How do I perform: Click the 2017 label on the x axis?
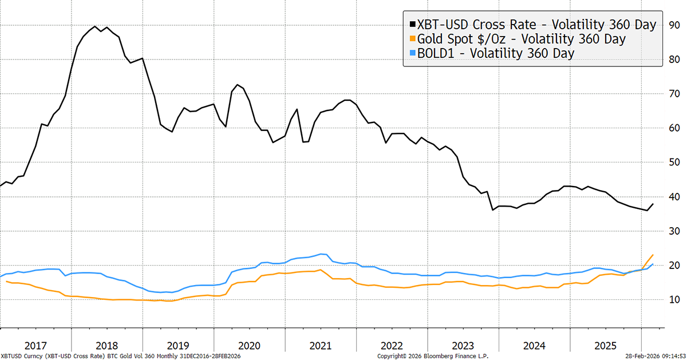click(x=35, y=346)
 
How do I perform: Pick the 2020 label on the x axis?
click(x=249, y=346)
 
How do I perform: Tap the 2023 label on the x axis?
click(x=463, y=346)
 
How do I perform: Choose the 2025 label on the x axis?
click(x=605, y=346)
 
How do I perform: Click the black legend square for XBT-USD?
click(x=412, y=26)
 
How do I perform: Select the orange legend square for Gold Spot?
click(x=412, y=39)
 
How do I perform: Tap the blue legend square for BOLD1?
click(x=412, y=53)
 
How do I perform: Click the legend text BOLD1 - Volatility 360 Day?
click(x=495, y=53)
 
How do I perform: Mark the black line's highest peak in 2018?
click(x=94, y=26)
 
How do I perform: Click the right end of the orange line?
click(x=653, y=255)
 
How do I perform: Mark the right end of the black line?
click(x=653, y=204)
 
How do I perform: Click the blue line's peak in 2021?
click(x=322, y=254)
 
